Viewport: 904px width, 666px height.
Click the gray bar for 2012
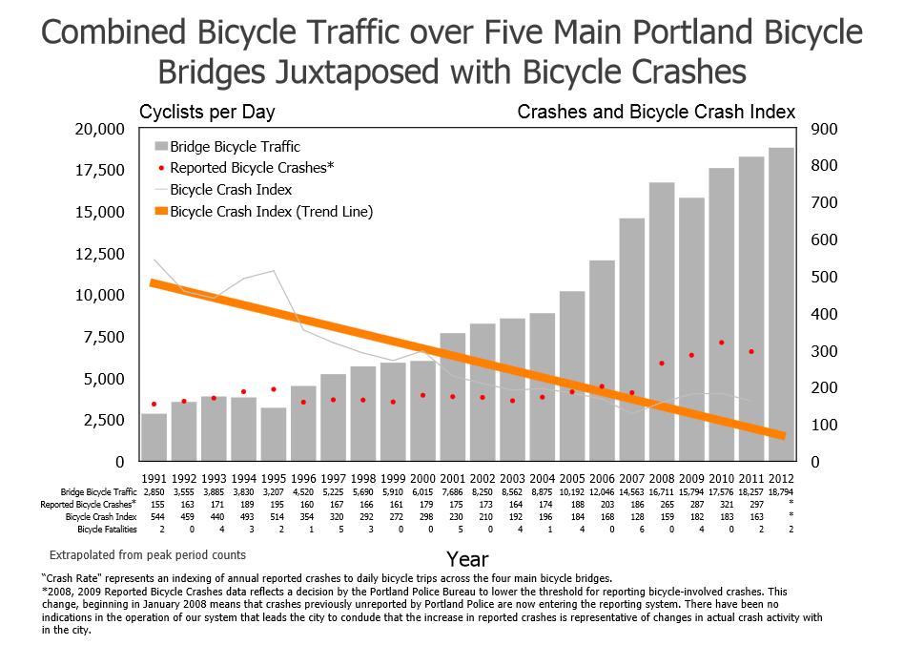pos(781,305)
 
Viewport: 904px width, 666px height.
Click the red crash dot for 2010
pos(722,343)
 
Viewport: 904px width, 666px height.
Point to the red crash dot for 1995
pos(274,389)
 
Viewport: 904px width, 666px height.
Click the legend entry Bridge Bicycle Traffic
pos(235,147)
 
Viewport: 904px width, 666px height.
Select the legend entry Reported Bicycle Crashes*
pos(251,168)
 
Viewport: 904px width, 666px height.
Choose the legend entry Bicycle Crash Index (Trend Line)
pos(271,211)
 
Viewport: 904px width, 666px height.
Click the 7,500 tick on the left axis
pos(105,337)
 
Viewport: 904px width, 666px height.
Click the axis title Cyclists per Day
pos(207,113)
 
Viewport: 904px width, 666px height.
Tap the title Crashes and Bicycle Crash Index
pos(655,113)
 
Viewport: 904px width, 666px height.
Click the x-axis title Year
pos(467,558)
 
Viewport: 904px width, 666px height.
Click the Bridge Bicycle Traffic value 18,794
pos(781,491)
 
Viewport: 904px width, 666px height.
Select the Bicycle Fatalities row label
pos(107,529)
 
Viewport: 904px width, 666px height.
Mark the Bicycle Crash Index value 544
pos(154,516)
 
